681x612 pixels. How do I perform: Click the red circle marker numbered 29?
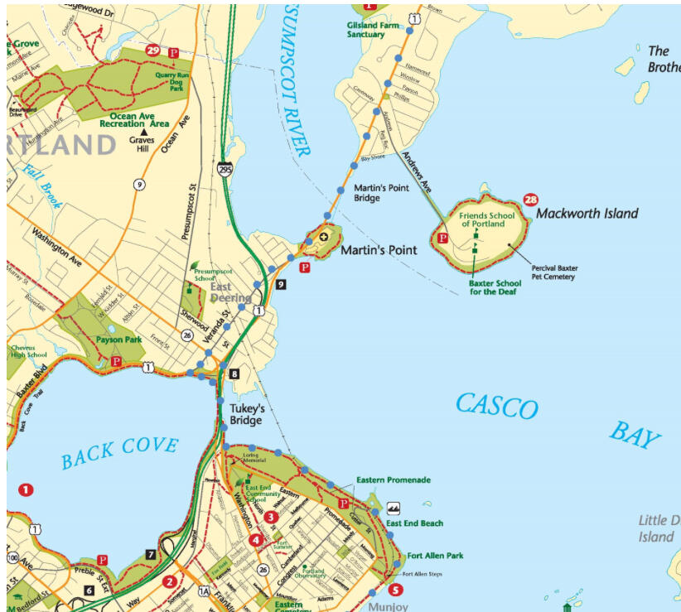152,51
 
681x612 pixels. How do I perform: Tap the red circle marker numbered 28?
530,200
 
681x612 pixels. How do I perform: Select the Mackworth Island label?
587,214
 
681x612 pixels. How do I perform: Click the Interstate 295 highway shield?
225,169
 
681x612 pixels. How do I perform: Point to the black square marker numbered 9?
282,284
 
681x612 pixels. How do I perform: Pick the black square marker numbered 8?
234,374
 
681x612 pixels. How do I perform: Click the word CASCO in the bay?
496,407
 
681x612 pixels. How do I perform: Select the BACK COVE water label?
119,451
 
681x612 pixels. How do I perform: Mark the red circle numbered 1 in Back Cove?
26,489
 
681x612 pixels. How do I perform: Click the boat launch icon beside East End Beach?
394,508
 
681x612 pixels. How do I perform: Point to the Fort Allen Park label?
436,556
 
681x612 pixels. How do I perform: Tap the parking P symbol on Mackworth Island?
442,239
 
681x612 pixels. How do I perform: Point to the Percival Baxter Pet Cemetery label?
554,272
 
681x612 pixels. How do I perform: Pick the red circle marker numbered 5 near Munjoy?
395,590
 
